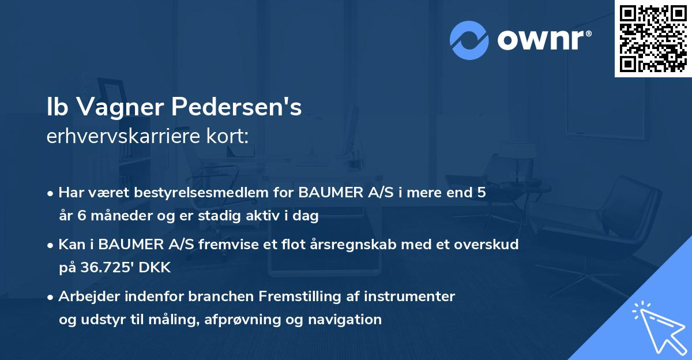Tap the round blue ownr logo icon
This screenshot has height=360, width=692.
tap(469, 40)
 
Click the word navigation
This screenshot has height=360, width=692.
tap(348, 319)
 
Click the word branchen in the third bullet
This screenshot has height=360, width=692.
tap(225, 297)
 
